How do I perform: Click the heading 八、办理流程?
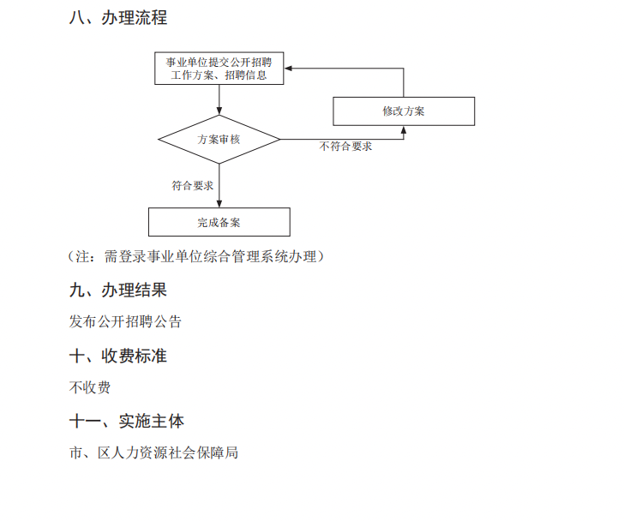point(118,18)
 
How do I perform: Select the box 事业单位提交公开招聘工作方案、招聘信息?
point(219,69)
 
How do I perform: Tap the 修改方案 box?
point(404,111)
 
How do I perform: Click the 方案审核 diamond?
point(219,140)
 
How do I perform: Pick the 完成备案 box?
point(219,223)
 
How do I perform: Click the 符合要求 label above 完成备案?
point(192,185)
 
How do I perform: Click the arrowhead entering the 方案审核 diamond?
point(219,111)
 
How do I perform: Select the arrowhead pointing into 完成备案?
point(219,204)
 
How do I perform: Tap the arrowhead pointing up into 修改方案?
point(404,129)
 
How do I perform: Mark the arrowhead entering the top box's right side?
point(289,67)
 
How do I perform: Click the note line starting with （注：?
point(196,256)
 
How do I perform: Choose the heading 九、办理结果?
point(118,290)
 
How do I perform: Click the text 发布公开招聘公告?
point(125,322)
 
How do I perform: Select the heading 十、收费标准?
point(118,356)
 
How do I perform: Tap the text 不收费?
point(90,387)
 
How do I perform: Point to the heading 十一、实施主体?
point(127,421)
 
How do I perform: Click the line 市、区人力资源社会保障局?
point(153,452)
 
